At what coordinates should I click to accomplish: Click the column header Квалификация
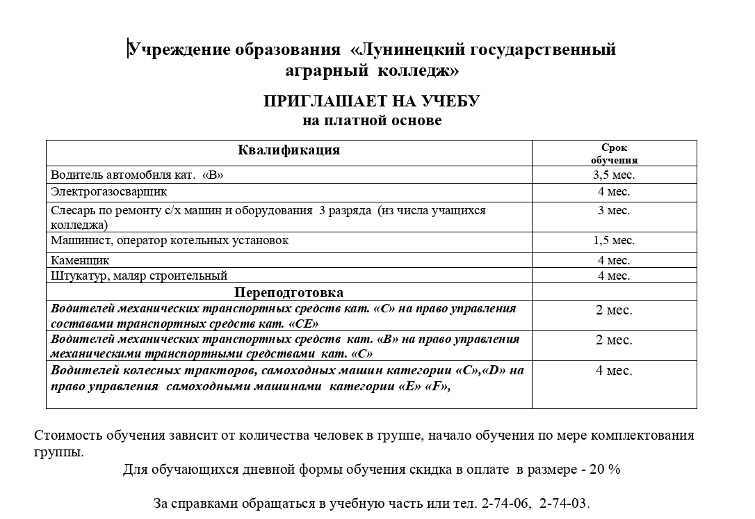tap(289, 150)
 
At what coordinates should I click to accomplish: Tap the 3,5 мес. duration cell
tap(614, 175)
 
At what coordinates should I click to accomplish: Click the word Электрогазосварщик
tap(108, 191)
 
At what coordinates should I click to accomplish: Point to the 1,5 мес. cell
tap(614, 241)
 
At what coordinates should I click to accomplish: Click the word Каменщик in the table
tap(80, 261)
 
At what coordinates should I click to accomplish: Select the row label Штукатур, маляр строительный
tap(139, 276)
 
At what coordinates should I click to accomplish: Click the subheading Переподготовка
tap(289, 292)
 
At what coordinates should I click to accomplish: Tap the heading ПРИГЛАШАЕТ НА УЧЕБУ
tap(371, 102)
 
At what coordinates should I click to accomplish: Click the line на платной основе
tap(372, 121)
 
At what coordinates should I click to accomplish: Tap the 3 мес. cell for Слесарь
tap(614, 210)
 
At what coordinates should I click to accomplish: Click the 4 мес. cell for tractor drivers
tap(614, 371)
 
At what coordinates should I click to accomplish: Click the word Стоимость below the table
tap(68, 436)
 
